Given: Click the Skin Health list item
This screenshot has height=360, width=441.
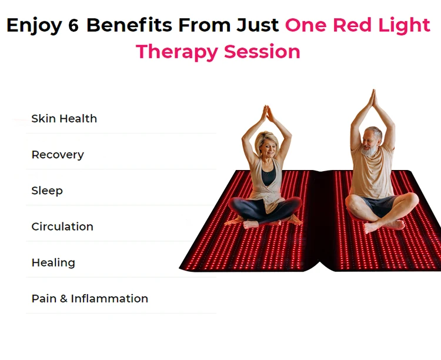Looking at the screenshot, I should pyautogui.click(x=64, y=119).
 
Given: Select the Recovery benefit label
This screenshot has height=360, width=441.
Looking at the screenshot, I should pyautogui.click(x=58, y=155).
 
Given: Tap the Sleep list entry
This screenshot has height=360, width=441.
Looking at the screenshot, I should pyautogui.click(x=47, y=191).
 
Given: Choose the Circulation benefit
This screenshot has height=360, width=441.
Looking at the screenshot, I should pyautogui.click(x=62, y=226).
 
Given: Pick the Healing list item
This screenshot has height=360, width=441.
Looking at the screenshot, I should pyautogui.click(x=54, y=262).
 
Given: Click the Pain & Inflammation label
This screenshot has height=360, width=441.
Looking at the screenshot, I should pyautogui.click(x=89, y=298).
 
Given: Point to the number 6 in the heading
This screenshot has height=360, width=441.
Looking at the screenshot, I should pyautogui.click(x=73, y=26).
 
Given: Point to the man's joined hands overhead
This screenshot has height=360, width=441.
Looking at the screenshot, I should pyautogui.click(x=372, y=98).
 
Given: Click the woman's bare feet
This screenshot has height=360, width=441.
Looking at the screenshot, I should pyautogui.click(x=253, y=224).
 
